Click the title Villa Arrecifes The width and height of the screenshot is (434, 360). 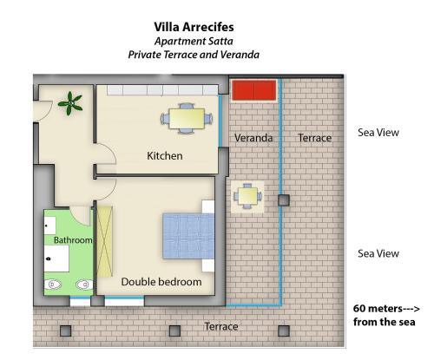(194, 27)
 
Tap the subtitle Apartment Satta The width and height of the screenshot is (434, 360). (194, 42)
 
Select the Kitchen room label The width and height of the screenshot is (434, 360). (165, 156)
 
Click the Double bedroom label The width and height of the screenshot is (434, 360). (161, 282)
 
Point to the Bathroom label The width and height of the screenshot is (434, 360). (73, 240)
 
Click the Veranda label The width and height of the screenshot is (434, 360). (253, 138)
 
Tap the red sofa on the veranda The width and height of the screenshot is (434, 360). (254, 90)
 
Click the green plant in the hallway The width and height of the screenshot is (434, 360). (70, 103)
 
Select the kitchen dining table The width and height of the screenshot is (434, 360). (187, 119)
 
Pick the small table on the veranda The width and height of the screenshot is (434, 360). (247, 196)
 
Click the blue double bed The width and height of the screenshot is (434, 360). (188, 236)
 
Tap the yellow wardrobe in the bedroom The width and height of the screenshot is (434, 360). (104, 242)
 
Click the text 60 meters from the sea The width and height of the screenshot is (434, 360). (386, 315)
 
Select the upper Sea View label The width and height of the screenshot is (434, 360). (378, 133)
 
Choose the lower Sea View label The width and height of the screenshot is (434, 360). (378, 253)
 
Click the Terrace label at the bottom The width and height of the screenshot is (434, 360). (221, 326)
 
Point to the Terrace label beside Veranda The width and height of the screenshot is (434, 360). (315, 138)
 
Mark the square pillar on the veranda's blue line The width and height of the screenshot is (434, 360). (284, 200)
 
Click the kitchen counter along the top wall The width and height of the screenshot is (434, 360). (162, 90)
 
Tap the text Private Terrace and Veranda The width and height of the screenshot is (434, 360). (194, 55)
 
